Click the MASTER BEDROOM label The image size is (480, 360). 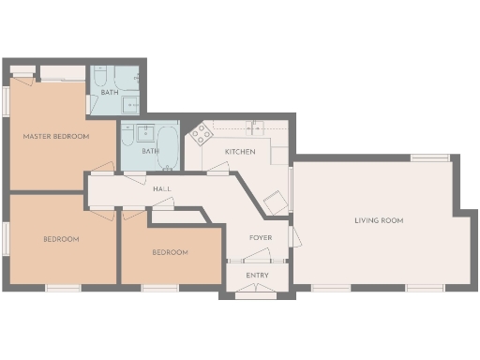56,137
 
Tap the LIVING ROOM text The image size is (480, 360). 379,221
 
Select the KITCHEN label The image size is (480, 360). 240,152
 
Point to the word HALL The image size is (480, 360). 162,189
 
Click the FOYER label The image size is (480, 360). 260,238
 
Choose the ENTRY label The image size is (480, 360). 257,276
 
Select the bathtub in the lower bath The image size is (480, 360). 170,148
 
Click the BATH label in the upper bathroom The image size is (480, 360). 111,92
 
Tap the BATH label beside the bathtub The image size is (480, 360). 150,151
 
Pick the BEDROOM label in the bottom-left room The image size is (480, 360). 61,239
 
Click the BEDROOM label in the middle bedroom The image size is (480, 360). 170,252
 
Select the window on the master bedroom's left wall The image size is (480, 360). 7,101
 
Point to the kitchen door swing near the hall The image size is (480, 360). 217,169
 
